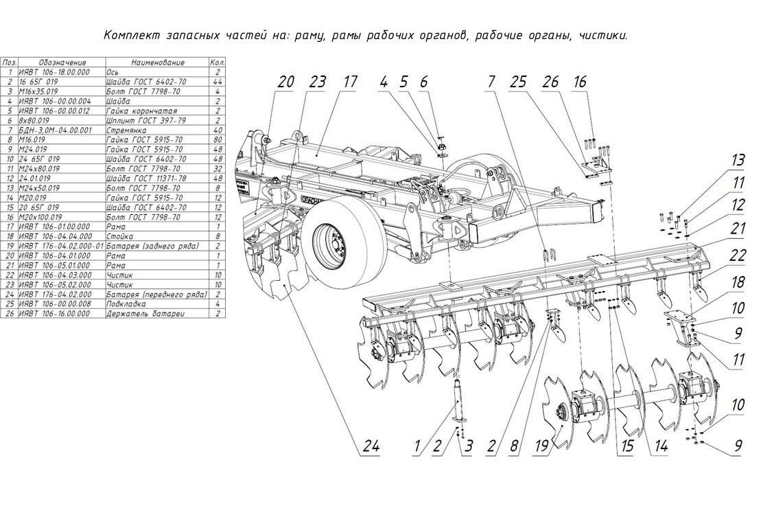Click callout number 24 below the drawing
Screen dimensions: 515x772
(371, 446)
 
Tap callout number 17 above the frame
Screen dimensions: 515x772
(349, 82)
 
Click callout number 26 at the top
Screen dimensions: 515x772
(550, 82)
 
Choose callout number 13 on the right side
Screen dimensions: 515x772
(738, 161)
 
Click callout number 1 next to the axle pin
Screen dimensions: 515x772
(417, 446)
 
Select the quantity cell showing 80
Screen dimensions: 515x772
(218, 139)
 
